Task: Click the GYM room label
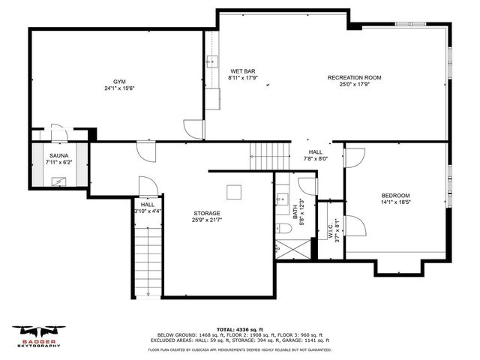119,81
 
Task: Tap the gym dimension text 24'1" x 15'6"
119,88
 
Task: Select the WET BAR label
242,70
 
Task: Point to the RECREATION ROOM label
355,77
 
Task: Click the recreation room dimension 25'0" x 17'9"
355,84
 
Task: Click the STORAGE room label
207,213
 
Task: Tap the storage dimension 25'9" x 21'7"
207,220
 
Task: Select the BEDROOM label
396,196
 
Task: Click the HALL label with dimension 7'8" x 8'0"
315,151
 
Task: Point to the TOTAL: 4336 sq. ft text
239,329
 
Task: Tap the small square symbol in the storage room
235,192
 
